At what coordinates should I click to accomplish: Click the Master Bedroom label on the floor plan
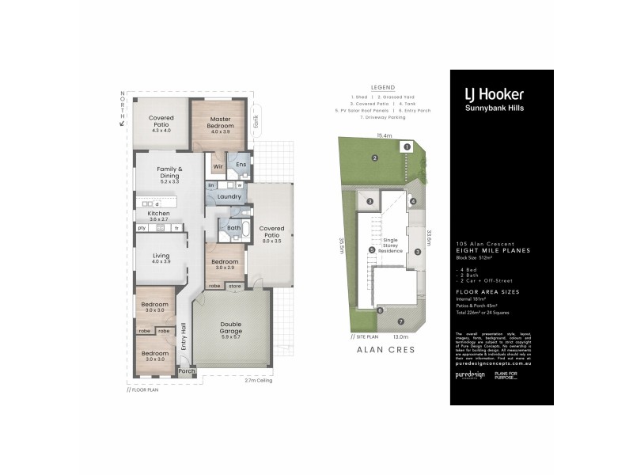pyautogui.click(x=221, y=122)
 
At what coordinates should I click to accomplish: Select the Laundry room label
pyautogui.click(x=229, y=196)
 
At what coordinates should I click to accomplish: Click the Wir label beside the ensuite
pyautogui.click(x=218, y=166)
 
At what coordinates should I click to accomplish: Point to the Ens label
pyautogui.click(x=241, y=165)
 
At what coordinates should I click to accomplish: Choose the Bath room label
pyautogui.click(x=233, y=228)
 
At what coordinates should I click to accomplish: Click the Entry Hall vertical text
pyautogui.click(x=183, y=336)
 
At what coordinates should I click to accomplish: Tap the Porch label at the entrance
pyautogui.click(x=186, y=370)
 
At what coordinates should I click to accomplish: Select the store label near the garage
pyautogui.click(x=235, y=287)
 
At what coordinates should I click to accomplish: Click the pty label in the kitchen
pyautogui.click(x=142, y=228)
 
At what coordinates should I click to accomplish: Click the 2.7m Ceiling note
pyautogui.click(x=260, y=380)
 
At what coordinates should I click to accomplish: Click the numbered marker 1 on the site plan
pyautogui.click(x=406, y=146)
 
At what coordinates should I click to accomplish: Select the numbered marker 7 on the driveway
pyautogui.click(x=400, y=321)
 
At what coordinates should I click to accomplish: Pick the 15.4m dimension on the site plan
pyautogui.click(x=385, y=136)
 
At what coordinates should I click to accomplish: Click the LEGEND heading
pyautogui.click(x=381, y=89)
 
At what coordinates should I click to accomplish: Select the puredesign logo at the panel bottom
pyautogui.click(x=469, y=375)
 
